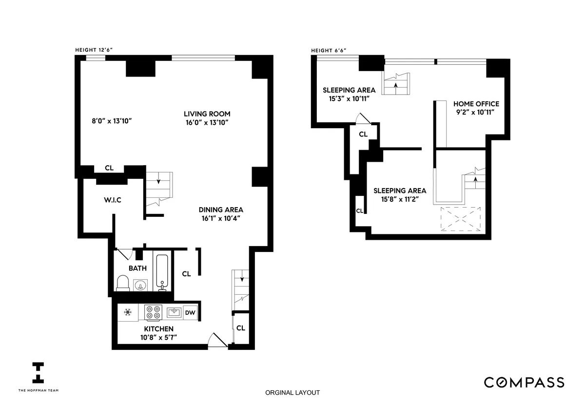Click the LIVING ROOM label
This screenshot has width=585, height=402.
pyautogui.click(x=203, y=114)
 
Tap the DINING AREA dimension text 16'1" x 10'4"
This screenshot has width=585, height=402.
pyautogui.click(x=221, y=218)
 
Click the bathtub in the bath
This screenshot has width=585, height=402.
pyautogui.click(x=162, y=272)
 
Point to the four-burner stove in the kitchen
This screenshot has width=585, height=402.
pyautogui.click(x=153, y=312)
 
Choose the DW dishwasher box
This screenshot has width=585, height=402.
pyautogui.click(x=190, y=313)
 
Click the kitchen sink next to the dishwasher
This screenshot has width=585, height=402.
pyautogui.click(x=174, y=312)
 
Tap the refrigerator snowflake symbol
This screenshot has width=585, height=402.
pyautogui.click(x=128, y=312)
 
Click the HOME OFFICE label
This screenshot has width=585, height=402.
pyautogui.click(x=476, y=104)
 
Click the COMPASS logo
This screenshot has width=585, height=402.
pyautogui.click(x=524, y=382)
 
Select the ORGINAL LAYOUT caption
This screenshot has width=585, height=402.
pyautogui.click(x=292, y=393)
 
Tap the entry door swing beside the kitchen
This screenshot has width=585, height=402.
pyautogui.click(x=215, y=340)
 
